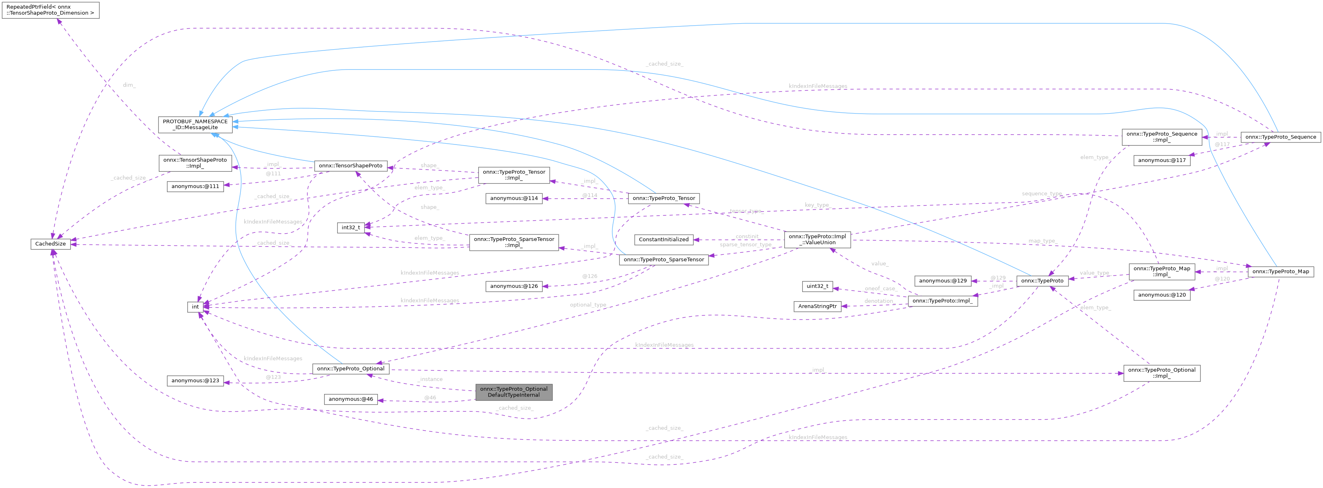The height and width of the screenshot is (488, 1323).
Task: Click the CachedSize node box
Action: [x=50, y=244]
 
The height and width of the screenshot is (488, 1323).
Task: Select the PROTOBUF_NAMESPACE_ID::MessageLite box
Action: [x=195, y=125]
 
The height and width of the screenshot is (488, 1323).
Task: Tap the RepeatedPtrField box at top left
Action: [x=50, y=10]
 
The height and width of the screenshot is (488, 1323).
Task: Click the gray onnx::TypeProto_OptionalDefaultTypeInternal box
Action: [x=513, y=392]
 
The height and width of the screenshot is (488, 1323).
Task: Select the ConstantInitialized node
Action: [x=664, y=240]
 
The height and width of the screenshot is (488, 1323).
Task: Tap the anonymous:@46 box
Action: [x=351, y=399]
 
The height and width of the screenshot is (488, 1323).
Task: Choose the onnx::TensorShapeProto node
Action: [x=350, y=166]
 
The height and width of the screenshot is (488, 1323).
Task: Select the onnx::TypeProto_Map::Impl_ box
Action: [x=1161, y=271]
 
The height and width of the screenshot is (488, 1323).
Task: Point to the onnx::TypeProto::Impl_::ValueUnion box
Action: [x=817, y=240]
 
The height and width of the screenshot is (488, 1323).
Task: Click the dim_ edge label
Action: [x=129, y=85]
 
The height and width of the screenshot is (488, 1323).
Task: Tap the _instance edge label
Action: [x=430, y=379]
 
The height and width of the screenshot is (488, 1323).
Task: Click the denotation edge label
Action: [x=879, y=301]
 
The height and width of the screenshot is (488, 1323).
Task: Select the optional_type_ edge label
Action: [x=588, y=305]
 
